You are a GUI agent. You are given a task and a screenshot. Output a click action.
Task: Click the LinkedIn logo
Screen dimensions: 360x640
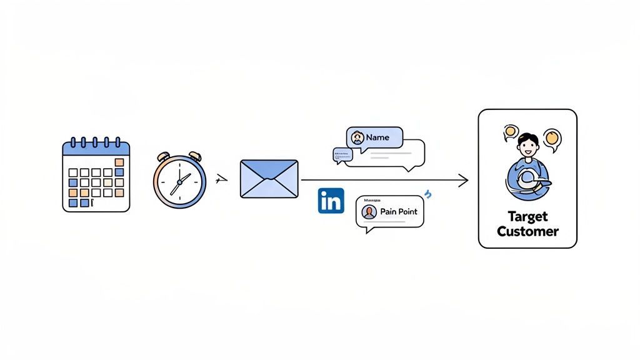point(331,201)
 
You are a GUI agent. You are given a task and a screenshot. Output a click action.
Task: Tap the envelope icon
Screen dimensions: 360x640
point(269,179)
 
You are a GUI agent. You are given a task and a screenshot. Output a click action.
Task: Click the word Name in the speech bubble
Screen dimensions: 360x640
point(377,137)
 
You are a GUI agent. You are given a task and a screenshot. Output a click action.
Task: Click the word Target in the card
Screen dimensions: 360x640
point(527,216)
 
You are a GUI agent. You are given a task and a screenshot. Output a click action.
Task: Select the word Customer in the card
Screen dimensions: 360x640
point(527,231)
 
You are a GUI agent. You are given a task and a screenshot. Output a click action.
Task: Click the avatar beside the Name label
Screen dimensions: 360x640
point(357,137)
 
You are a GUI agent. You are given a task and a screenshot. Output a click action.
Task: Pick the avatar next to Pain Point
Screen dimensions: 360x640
point(369,212)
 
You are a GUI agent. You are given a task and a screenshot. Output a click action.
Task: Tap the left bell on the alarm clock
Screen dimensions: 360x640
point(164,156)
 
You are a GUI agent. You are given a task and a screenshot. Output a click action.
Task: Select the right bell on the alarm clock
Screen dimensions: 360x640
point(195,156)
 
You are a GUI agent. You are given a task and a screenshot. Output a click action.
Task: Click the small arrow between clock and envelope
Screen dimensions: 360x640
point(219,180)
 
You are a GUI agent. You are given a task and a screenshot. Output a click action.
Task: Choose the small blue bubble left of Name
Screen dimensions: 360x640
point(340,155)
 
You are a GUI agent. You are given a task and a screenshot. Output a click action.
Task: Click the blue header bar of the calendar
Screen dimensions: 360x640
point(96,149)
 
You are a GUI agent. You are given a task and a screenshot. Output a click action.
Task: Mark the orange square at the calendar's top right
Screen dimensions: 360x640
point(119,162)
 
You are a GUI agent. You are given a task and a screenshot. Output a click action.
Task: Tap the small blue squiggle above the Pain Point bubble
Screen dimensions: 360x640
point(428,196)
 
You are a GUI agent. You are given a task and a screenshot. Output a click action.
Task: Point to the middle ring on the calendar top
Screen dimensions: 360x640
point(96,142)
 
